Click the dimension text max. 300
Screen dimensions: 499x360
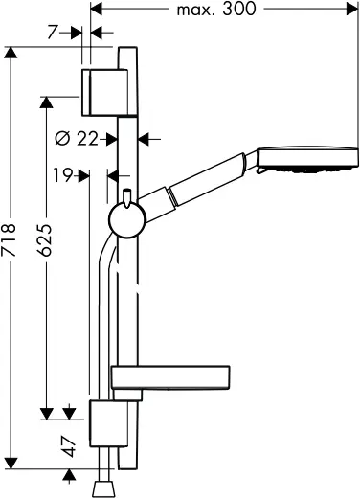click(221, 11)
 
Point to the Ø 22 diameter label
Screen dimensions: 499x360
click(78, 139)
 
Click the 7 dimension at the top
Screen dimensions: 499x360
click(56, 32)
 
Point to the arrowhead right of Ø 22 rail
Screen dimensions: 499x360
click(145, 139)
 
